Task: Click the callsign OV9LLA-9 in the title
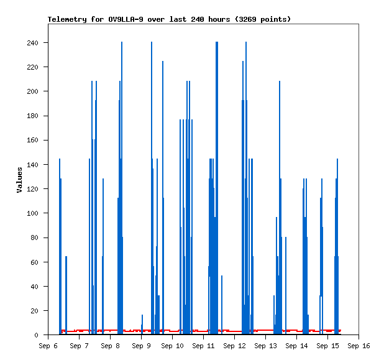[126, 19]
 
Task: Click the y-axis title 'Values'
[19, 180]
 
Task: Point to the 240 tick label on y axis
[32, 43]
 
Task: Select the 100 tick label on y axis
[32, 213]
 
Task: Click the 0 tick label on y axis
[36, 335]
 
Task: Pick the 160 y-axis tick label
[32, 140]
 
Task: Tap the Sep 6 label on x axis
[48, 346]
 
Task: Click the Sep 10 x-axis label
[172, 346]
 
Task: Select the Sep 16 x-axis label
[359, 346]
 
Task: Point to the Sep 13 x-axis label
[265, 346]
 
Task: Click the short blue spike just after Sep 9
[142, 324]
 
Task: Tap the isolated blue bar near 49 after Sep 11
[222, 305]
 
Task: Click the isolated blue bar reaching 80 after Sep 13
[286, 285]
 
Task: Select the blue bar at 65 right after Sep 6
[66, 295]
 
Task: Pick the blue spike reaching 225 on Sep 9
[163, 197]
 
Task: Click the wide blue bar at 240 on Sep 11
[217, 188]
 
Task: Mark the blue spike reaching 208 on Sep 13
[280, 207]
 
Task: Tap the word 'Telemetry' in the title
[67, 19]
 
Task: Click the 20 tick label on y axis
[34, 311]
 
